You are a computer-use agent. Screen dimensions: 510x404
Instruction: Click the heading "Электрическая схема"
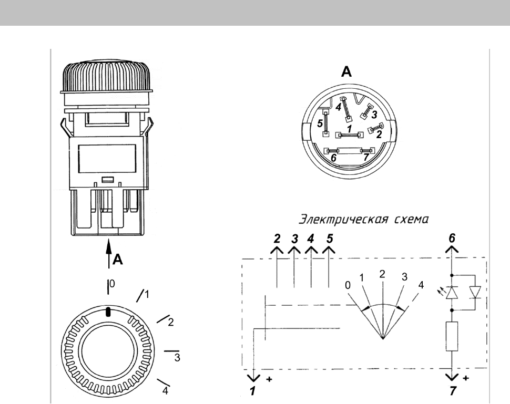tap(364, 220)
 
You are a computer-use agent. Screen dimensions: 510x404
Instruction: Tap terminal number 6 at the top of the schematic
tap(452, 238)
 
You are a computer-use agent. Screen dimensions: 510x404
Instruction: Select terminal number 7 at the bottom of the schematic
tap(453, 391)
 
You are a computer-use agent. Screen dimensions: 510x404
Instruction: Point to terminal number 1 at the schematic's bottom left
tap(253, 391)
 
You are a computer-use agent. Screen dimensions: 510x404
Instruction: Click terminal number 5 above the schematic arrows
tap(330, 239)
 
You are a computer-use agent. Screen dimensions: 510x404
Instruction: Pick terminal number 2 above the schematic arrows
tap(277, 239)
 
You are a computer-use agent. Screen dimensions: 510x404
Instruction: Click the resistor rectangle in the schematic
tap(452, 336)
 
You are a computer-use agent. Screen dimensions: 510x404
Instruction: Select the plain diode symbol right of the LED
tap(475, 292)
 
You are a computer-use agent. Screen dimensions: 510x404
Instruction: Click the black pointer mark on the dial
tap(108, 312)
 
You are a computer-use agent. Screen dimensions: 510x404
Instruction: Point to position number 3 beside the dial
tap(177, 358)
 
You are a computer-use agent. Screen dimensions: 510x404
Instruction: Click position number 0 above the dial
tap(112, 284)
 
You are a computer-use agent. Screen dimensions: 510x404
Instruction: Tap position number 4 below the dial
tap(165, 390)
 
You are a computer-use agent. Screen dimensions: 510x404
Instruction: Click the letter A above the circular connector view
tap(346, 71)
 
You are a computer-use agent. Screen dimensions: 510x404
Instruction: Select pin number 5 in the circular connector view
tap(320, 123)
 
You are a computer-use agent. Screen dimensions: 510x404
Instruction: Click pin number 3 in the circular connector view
tap(374, 115)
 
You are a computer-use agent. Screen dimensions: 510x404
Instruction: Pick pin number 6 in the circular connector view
tap(333, 158)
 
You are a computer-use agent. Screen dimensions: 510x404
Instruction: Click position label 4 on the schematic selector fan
tap(421, 285)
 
